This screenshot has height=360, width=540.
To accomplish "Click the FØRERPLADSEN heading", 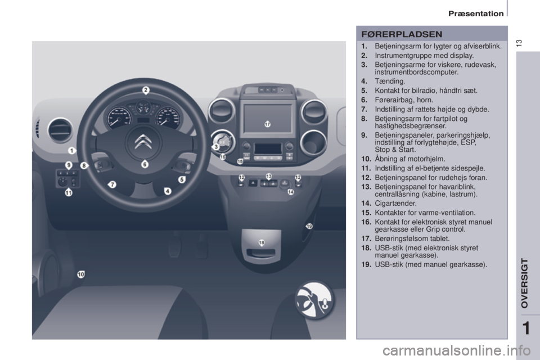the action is click(x=402, y=34).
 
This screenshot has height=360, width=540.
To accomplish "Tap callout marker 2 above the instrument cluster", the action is click(x=146, y=90).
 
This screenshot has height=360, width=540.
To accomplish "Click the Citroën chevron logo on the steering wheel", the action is click(x=143, y=142).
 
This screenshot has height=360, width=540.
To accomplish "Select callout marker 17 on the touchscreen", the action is click(x=268, y=124).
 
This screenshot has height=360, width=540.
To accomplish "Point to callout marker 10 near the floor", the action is click(x=80, y=274).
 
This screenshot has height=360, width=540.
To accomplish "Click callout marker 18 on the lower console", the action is click(x=262, y=243).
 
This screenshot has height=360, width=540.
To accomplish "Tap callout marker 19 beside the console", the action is click(x=309, y=226).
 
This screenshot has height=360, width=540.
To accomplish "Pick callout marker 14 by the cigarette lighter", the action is click(x=291, y=192).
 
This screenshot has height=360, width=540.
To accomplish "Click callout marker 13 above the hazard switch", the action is click(x=269, y=177).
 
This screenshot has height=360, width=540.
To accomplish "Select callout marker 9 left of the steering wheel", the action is click(x=69, y=165).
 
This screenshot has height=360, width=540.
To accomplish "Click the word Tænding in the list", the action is click(x=389, y=82).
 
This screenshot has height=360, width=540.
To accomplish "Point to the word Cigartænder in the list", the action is click(x=395, y=203).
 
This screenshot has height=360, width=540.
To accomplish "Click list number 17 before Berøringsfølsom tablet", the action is click(x=366, y=238).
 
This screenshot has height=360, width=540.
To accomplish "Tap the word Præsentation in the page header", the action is click(x=476, y=13).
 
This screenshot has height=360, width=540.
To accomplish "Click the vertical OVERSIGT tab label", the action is click(x=524, y=283).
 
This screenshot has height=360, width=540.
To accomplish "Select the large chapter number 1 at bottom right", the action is click(x=526, y=328).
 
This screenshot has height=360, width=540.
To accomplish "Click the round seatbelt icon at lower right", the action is click(x=314, y=300).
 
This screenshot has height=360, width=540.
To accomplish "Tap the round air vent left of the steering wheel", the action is click(x=61, y=130).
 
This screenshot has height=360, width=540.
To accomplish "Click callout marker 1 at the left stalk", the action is click(x=71, y=151).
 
